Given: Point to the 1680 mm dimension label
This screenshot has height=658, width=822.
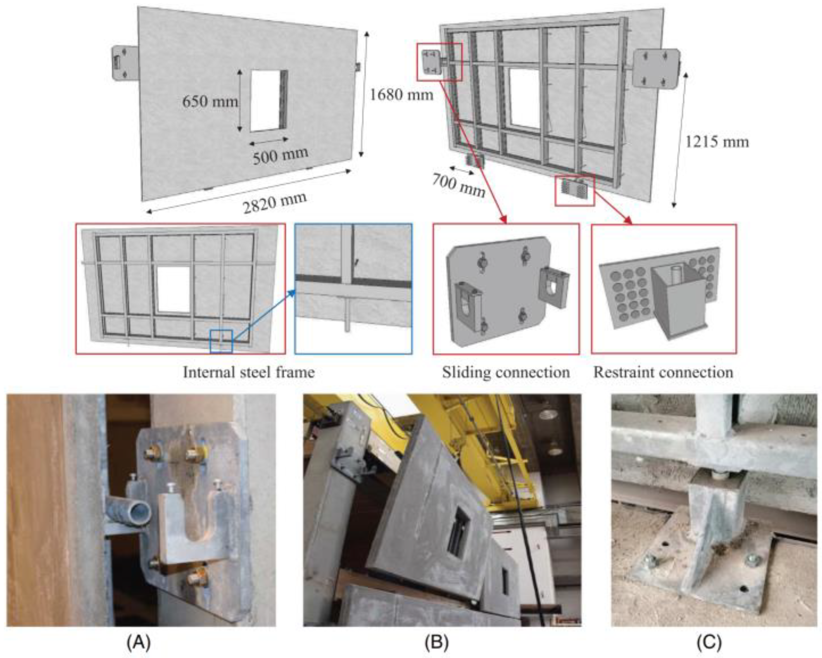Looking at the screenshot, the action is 401,95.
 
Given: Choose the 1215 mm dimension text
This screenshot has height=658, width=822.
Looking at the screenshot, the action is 717,142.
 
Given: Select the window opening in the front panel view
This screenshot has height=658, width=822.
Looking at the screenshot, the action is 268,101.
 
